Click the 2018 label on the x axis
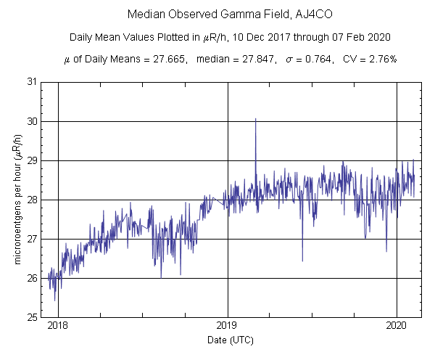58,326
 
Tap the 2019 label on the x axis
228,326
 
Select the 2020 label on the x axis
397,326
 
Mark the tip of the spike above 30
255,118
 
